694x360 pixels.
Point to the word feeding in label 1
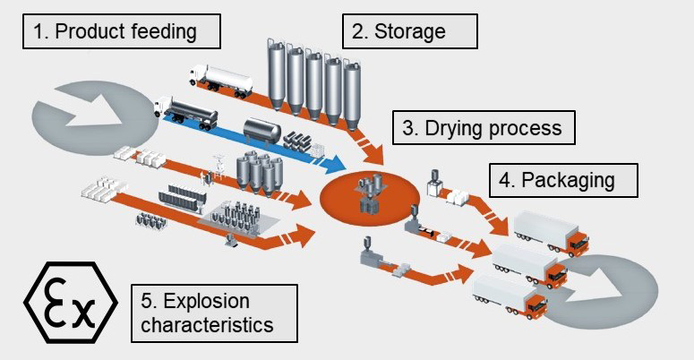(161, 32)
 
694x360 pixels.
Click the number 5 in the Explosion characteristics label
(146, 300)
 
